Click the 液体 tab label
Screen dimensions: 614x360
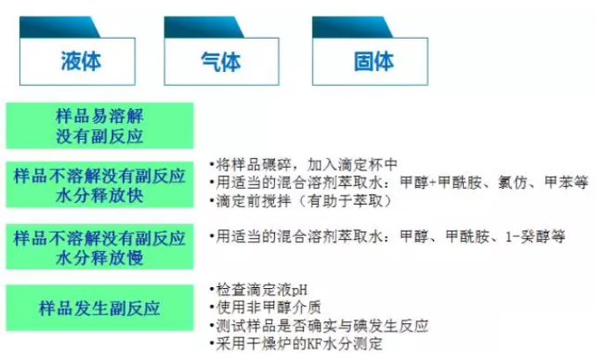tap(81, 61)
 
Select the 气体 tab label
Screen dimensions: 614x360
tap(220, 61)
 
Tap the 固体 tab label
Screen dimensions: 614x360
tap(373, 61)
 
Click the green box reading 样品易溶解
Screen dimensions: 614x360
tap(99, 126)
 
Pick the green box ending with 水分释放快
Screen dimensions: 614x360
tap(99, 184)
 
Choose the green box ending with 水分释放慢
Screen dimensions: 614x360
tap(99, 247)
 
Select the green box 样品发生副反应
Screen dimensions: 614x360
tap(99, 308)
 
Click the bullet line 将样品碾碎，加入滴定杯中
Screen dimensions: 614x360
tap(303, 164)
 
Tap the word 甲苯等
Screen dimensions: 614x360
tap(567, 183)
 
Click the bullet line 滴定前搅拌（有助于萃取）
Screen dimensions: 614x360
tap(300, 201)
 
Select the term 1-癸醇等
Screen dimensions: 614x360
tap(535, 236)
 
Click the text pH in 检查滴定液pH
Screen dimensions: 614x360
tap(300, 291)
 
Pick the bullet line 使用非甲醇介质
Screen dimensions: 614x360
tap(265, 307)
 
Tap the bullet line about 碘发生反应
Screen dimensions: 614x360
tap(319, 326)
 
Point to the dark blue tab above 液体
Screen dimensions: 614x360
tap(60, 27)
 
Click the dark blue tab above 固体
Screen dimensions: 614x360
tap(352, 27)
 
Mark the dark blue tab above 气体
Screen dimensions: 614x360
tap(204, 27)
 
